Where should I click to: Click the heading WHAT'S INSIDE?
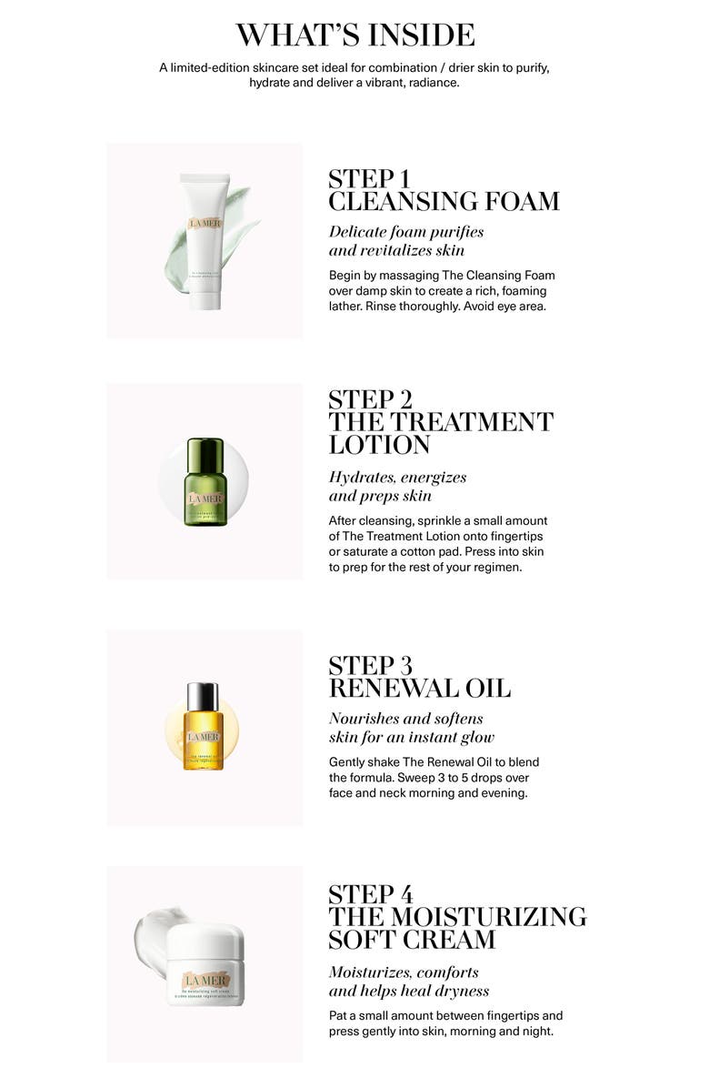pyautogui.click(x=354, y=35)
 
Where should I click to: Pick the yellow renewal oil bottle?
pyautogui.click(x=204, y=732)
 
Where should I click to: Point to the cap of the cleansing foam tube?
pyautogui.click(x=205, y=298)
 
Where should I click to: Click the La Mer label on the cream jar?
pyautogui.click(x=201, y=980)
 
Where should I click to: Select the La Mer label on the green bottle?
pyautogui.click(x=203, y=498)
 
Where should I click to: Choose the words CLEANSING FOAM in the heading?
pyautogui.click(x=444, y=201)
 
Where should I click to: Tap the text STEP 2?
pyautogui.click(x=370, y=400)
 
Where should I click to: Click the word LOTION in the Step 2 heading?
pyautogui.click(x=379, y=445)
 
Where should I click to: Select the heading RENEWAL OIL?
pyautogui.click(x=419, y=689)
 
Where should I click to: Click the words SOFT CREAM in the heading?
pyautogui.click(x=412, y=939)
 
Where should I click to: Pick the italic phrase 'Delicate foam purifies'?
pyautogui.click(x=406, y=232)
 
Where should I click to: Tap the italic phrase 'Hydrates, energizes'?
pyautogui.click(x=397, y=478)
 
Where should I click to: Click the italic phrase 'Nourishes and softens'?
pyautogui.click(x=406, y=719)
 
